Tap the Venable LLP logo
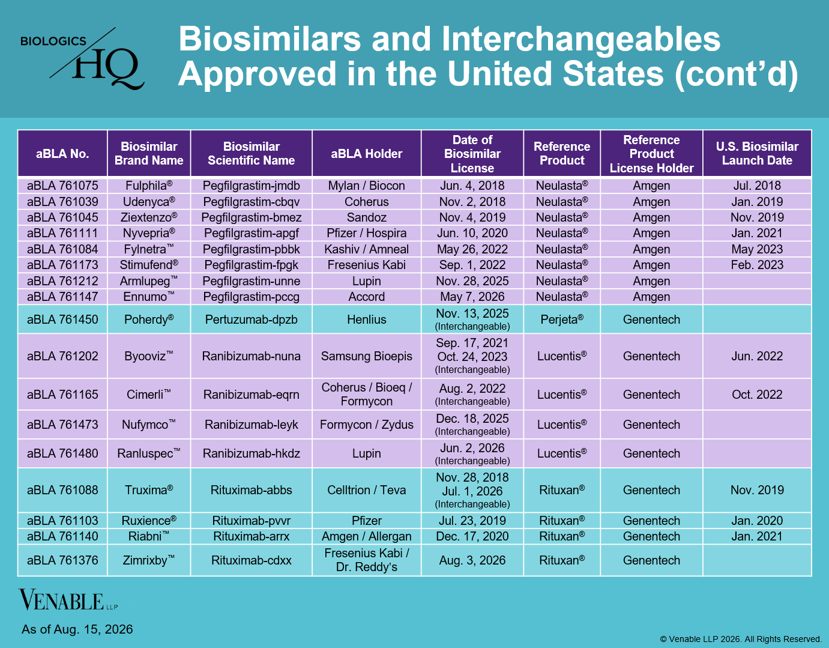[68, 601]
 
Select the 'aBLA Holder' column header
[366, 153]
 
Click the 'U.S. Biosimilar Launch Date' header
[757, 153]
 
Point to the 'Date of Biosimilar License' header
[472, 153]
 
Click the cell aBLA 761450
[62, 319]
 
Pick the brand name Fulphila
[149, 186]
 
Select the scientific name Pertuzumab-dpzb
[251, 319]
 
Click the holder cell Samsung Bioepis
[366, 356]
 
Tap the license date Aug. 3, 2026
[472, 560]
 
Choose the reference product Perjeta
[562, 319]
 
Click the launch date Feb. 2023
[757, 265]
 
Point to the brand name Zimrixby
[149, 560]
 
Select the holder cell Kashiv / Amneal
[366, 249]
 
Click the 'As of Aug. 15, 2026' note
[77, 629]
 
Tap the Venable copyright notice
[741, 639]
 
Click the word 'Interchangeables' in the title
[581, 39]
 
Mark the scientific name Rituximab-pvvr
[251, 521]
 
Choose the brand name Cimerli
[149, 394]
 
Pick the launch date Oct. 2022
[757, 394]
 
